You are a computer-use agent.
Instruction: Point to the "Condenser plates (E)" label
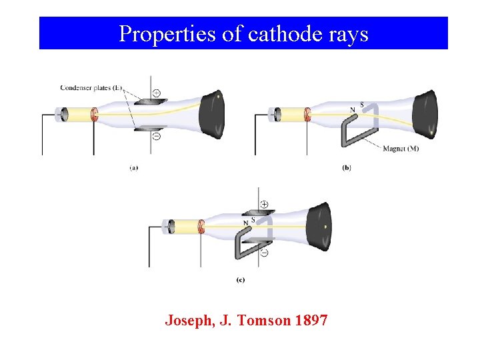click(91, 87)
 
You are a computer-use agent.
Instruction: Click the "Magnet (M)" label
click(401, 149)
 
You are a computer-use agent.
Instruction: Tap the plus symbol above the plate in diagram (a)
click(156, 93)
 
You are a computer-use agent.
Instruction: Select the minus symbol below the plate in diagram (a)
click(156, 136)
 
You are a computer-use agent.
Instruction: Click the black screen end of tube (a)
click(212, 115)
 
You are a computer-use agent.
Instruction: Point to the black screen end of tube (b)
click(425, 115)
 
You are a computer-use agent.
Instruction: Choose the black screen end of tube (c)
click(319, 227)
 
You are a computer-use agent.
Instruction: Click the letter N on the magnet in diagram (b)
click(353, 109)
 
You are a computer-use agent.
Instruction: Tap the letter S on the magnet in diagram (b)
click(361, 105)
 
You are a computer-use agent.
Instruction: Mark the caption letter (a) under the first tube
click(134, 168)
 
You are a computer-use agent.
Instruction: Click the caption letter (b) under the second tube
click(347, 168)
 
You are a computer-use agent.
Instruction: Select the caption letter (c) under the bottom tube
click(240, 280)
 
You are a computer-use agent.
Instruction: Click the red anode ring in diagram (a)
click(94, 115)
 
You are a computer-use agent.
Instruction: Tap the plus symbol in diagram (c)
click(264, 203)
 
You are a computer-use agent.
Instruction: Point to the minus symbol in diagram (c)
click(264, 253)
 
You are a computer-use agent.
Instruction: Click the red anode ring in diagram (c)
click(201, 227)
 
